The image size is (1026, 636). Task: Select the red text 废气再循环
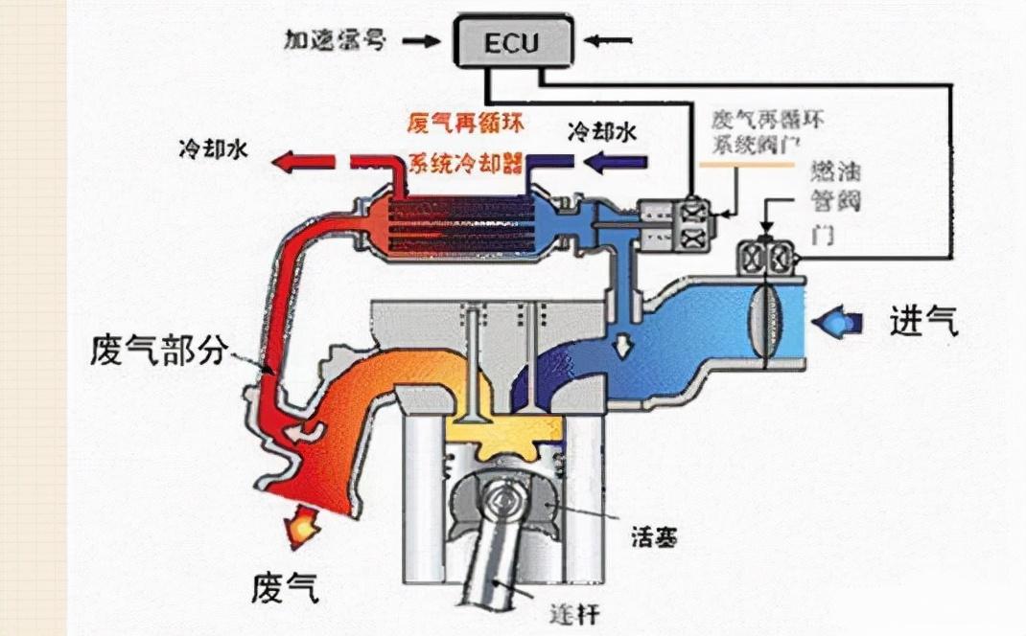coord(464,125)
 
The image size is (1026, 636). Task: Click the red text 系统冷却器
coord(465,160)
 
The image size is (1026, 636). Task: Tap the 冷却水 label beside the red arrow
coord(214,150)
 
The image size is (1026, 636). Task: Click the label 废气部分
coord(160,350)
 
